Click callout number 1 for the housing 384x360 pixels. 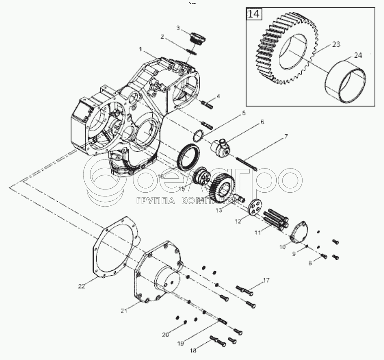140,49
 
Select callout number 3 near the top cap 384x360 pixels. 178,28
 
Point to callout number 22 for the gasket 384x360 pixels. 81,287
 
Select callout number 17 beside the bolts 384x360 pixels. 266,281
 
